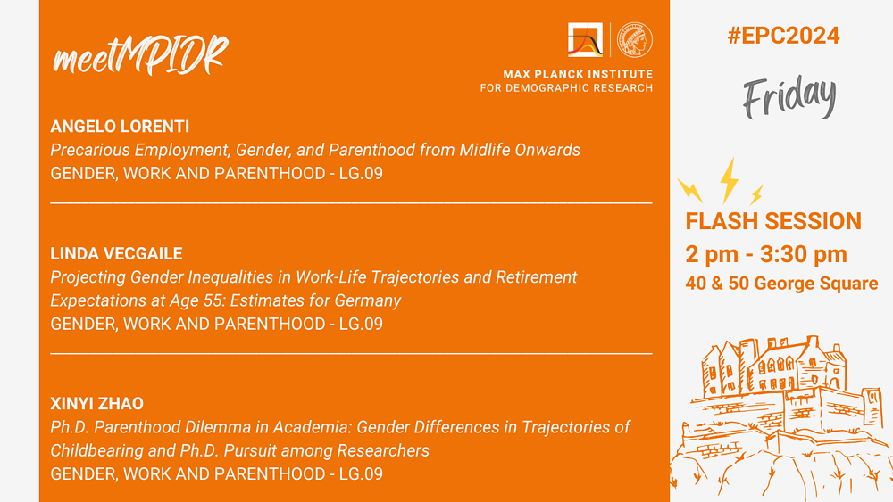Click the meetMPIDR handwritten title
click(140, 55)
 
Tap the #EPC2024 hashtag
click(783, 36)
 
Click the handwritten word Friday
click(789, 96)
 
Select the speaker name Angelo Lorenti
click(120, 127)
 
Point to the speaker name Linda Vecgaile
click(116, 253)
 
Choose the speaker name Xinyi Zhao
click(96, 404)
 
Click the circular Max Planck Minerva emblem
click(635, 40)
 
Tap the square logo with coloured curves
click(586, 40)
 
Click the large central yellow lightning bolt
click(729, 180)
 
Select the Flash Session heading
click(773, 221)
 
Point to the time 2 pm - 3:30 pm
click(766, 254)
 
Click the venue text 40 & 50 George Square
click(781, 284)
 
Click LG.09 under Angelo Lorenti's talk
click(361, 173)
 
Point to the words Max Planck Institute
click(578, 74)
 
